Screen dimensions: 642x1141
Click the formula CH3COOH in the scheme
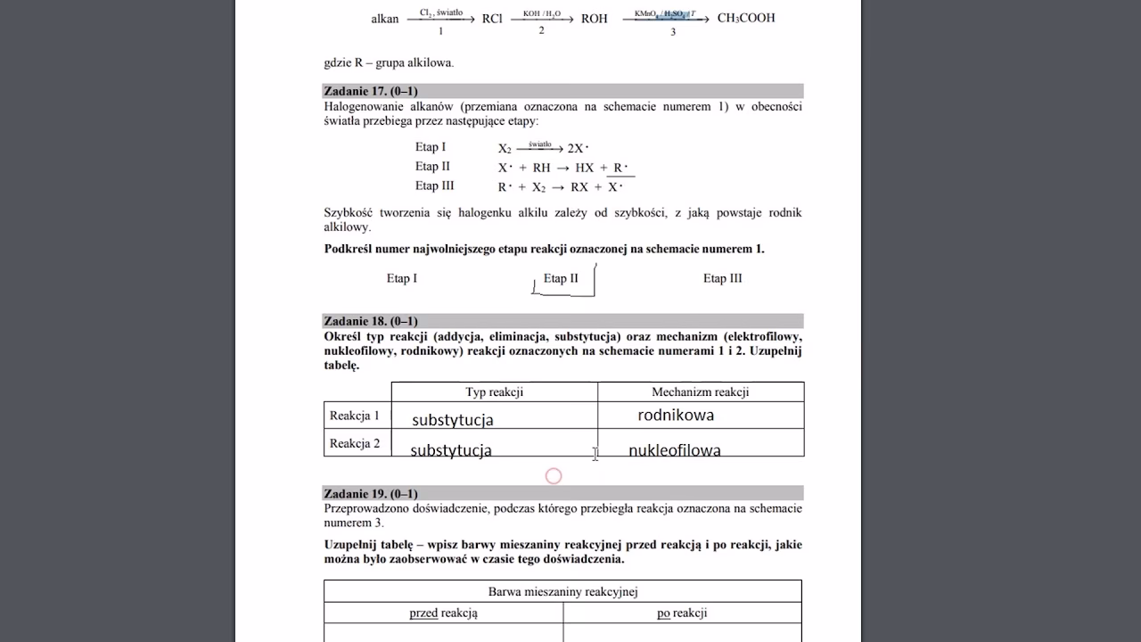745,18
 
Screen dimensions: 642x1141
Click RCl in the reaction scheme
492,18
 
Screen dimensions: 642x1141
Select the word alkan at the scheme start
384,19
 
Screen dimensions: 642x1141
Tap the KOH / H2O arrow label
541,13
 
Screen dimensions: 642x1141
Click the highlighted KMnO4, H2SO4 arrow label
665,13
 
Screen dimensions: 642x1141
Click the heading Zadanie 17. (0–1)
371,91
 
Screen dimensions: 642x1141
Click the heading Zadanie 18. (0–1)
371,321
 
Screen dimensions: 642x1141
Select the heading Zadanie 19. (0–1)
371,493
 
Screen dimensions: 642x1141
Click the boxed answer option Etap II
561,278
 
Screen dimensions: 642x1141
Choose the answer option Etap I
401,278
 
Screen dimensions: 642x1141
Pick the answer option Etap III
722,278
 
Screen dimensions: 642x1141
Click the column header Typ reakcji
494,391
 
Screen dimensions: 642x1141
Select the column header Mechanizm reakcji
700,391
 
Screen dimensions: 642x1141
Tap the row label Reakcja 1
354,416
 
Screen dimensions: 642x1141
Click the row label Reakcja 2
354,443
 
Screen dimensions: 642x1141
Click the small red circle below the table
554,476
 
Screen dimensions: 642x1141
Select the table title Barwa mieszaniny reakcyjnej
562,591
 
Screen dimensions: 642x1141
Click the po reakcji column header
682,613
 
